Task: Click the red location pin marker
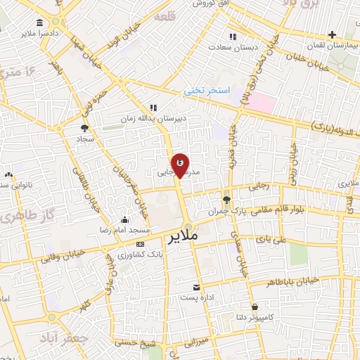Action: [180, 165]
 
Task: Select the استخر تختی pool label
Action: [203, 91]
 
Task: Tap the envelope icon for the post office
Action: [197, 287]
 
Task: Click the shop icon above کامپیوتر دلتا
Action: [254, 307]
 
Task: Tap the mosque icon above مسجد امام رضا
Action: [125, 219]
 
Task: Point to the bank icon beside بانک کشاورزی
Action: [140, 243]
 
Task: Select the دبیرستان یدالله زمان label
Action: [154, 117]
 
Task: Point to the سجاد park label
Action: [86, 139]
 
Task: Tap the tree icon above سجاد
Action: [85, 128]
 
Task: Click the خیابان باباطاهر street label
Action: [288, 282]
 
